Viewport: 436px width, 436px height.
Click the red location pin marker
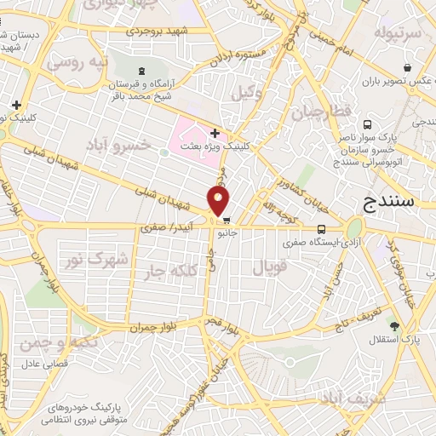[219, 201]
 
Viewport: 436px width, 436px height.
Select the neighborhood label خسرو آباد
[119, 145]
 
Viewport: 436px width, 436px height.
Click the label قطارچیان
[320, 112]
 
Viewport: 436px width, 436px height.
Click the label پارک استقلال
[393, 341]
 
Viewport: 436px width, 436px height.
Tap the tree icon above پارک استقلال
[393, 326]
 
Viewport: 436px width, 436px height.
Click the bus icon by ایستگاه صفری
[322, 229]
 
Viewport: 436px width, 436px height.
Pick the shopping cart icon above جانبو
[226, 220]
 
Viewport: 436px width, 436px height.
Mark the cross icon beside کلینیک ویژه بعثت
[215, 133]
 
